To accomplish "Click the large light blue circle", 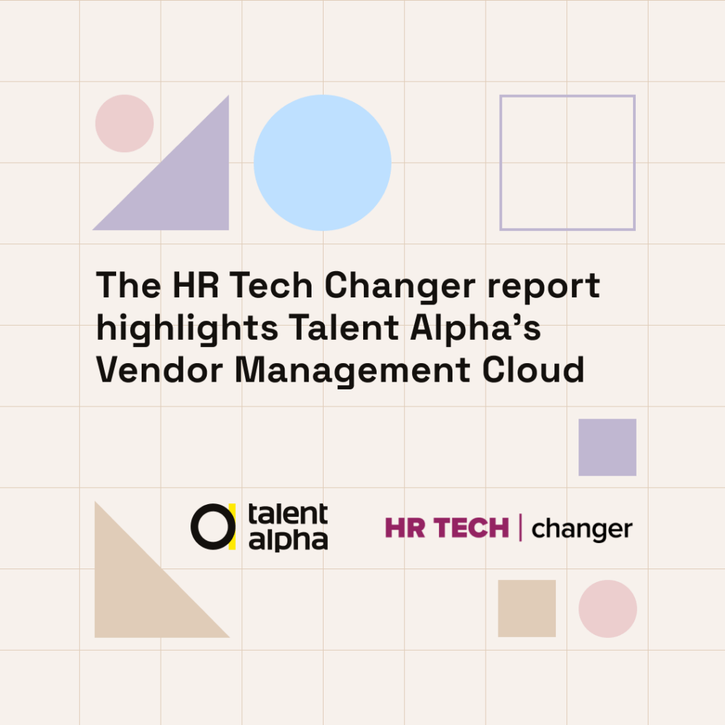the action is click(x=322, y=163).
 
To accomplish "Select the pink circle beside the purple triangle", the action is click(x=125, y=123).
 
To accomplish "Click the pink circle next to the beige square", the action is click(x=607, y=608).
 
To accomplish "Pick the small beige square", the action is click(x=527, y=608).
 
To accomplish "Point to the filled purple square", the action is click(x=607, y=447).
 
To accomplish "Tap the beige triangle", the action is click(x=139, y=596).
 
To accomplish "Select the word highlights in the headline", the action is click(x=187, y=329).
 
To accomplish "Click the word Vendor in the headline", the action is click(x=159, y=370).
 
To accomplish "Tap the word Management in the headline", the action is click(x=353, y=372).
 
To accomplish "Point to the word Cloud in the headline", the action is click(x=533, y=370).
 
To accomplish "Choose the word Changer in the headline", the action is click(x=400, y=287).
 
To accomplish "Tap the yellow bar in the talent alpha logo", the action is click(x=232, y=527).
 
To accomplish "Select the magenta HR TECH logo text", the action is click(x=447, y=528).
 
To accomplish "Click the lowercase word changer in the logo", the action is click(x=582, y=530).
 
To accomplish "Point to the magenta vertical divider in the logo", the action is click(x=520, y=527).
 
